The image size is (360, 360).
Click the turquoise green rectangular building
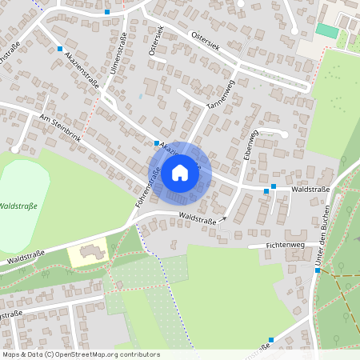326,30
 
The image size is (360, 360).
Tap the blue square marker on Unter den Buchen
318,270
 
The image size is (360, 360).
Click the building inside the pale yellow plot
90,251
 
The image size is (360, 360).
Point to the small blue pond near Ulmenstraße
141,97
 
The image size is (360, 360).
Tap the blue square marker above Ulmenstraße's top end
107,12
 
